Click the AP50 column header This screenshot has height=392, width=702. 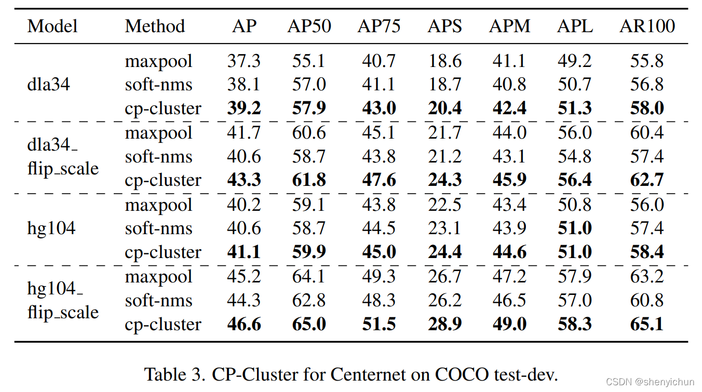pos(309,26)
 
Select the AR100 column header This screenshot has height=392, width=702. pos(647,26)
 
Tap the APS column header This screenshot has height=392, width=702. pos(445,26)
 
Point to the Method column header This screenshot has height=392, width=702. pos(155,26)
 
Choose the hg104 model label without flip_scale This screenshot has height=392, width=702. pos(51,228)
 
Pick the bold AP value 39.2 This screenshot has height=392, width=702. pos(244,109)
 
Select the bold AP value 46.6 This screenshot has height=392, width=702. pos(244,325)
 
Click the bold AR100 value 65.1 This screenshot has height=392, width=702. pos(647,325)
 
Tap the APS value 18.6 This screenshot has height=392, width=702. pos(445,61)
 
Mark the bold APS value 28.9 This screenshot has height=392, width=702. pos(445,325)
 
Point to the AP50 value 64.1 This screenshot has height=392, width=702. pos(309,277)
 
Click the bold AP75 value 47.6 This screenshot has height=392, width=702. pos(379,180)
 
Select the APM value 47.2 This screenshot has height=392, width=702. pos(509,277)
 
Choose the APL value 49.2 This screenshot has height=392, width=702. pos(575,61)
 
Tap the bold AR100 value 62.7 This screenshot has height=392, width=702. pos(647,180)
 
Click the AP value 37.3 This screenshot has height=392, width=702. pos(244,61)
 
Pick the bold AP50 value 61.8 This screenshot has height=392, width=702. pos(309,180)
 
